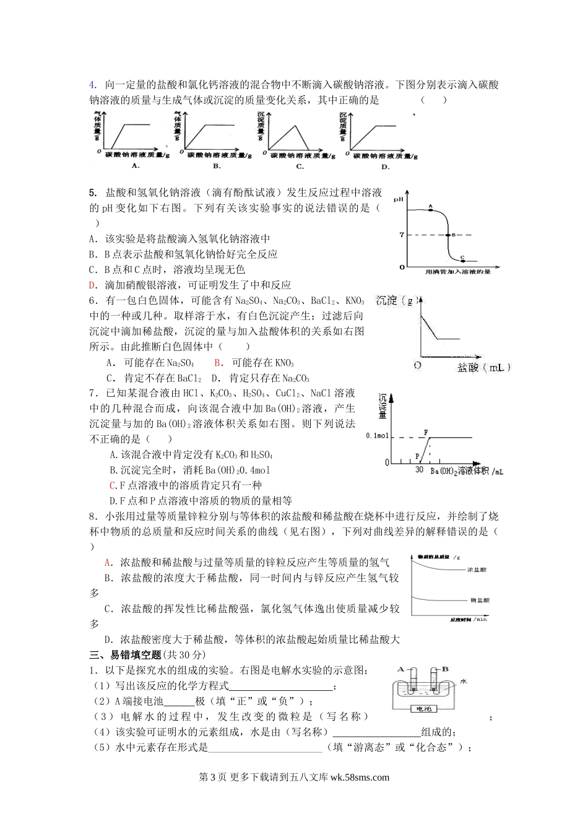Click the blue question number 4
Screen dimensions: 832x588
tap(93, 85)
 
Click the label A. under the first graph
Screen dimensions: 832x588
tap(136, 166)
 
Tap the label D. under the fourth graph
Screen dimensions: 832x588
tap(385, 167)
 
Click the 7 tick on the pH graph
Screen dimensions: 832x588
tap(402, 235)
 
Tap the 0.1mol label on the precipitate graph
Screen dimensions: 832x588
tap(378, 436)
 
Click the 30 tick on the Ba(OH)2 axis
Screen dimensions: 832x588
tap(419, 471)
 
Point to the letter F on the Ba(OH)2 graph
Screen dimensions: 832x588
tap(425, 431)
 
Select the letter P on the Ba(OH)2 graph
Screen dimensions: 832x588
tap(417, 456)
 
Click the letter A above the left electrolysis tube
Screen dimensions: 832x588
tap(402, 670)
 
